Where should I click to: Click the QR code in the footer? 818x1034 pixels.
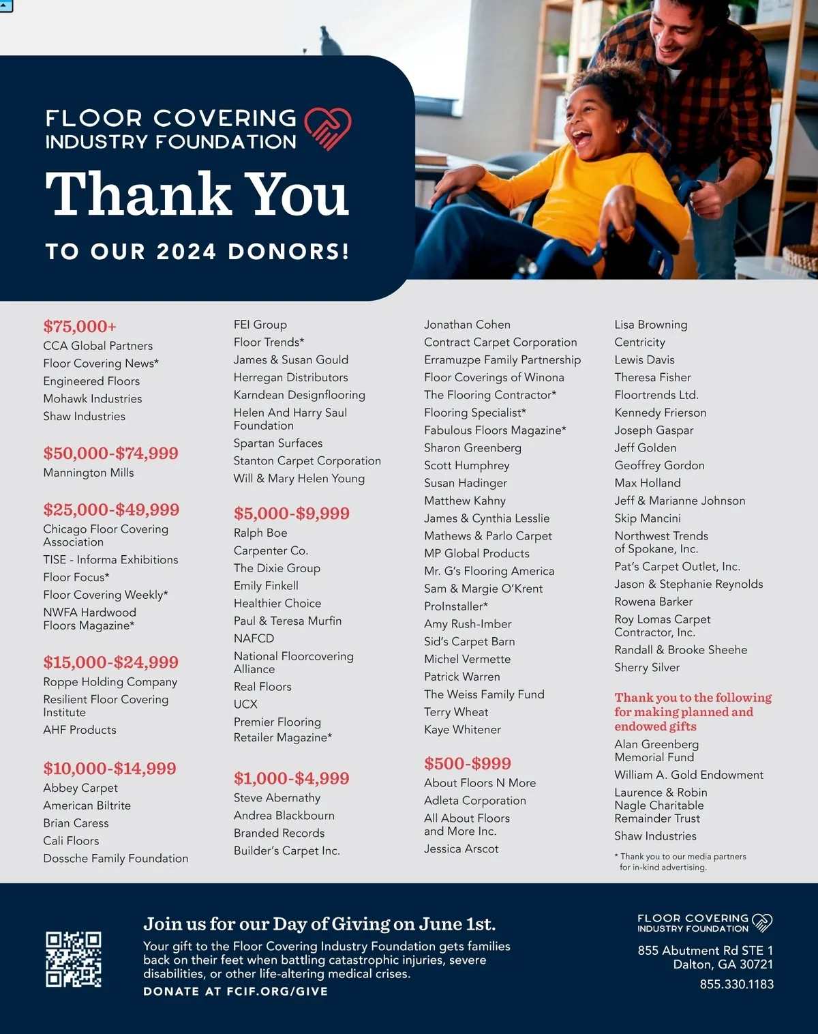(x=74, y=960)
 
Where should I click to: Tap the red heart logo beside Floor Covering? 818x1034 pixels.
(x=327, y=128)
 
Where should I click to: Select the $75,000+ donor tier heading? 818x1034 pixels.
(x=80, y=327)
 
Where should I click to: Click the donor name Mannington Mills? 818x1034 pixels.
(x=89, y=473)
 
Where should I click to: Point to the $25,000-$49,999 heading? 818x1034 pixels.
(x=111, y=509)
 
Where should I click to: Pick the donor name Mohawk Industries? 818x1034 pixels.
(x=93, y=399)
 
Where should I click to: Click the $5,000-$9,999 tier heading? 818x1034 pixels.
(x=291, y=514)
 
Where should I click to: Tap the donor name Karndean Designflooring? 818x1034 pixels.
(x=299, y=395)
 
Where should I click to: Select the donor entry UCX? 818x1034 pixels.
(x=245, y=705)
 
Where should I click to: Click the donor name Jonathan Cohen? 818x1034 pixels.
(x=467, y=325)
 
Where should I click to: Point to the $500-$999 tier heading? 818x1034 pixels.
(x=467, y=764)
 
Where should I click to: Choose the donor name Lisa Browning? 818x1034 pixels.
(x=650, y=325)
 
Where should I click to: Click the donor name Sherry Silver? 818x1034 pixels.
(x=647, y=668)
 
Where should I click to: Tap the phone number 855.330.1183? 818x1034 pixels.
(x=736, y=984)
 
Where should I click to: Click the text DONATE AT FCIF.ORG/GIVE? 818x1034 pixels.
(x=235, y=992)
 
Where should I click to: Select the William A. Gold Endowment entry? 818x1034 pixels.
(x=688, y=775)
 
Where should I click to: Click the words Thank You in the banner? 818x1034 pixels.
(x=197, y=194)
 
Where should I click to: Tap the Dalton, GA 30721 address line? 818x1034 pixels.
(x=723, y=964)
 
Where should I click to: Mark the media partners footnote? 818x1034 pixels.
(x=682, y=861)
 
